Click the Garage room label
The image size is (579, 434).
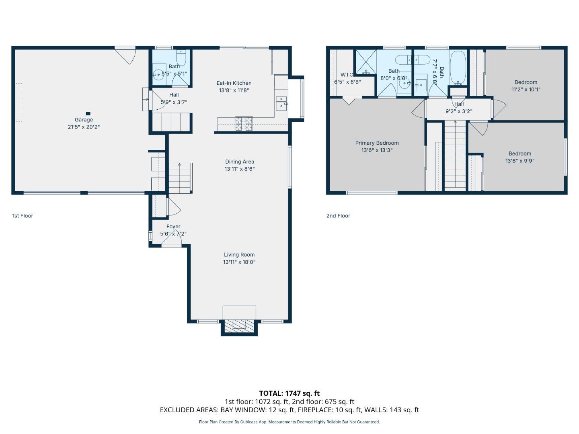[84, 120]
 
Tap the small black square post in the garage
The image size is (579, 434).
[88, 114]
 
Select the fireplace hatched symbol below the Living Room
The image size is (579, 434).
[239, 325]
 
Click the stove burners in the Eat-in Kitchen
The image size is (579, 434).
[244, 123]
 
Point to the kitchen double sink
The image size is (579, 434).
[281, 103]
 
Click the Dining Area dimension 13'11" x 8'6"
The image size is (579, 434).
[240, 169]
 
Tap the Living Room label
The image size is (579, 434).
[239, 255]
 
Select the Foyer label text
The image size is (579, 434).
[173, 227]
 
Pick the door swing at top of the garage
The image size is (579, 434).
[127, 56]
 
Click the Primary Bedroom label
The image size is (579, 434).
[377, 143]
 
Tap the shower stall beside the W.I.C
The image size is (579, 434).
[365, 62]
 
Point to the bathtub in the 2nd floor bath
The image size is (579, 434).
[458, 68]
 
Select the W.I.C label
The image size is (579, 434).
[347, 75]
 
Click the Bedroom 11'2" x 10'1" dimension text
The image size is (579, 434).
[526, 90]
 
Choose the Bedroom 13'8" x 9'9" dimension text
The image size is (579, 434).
[519, 161]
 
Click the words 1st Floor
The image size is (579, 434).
[23, 216]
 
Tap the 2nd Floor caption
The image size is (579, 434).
[338, 216]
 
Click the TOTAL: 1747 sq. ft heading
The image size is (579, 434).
[289, 393]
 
